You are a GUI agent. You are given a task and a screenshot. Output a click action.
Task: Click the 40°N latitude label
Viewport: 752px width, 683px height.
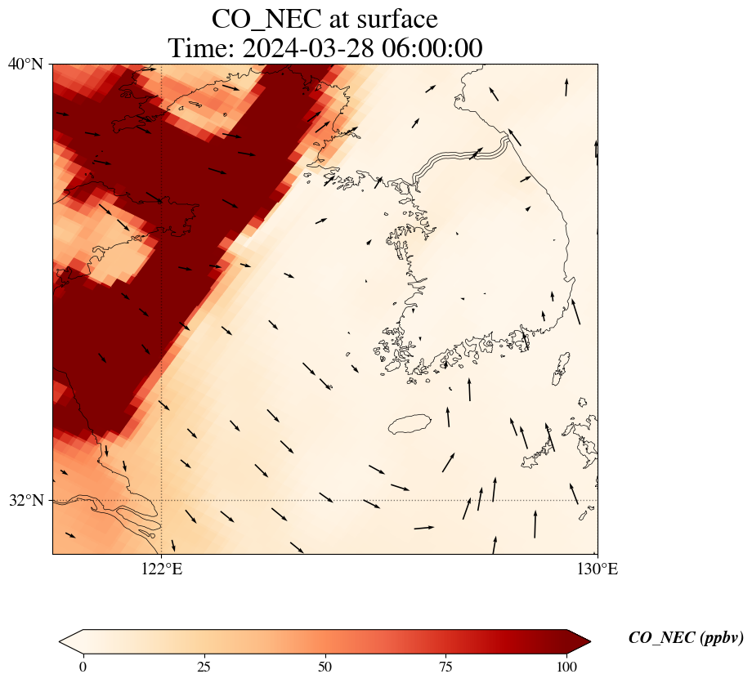(25, 64)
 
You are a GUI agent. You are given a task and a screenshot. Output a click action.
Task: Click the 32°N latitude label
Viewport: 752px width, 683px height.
(25, 500)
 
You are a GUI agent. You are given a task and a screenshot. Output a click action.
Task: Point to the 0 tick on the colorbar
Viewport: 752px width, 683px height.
(83, 666)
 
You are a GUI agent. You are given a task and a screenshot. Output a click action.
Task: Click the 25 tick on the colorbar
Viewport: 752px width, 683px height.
(204, 666)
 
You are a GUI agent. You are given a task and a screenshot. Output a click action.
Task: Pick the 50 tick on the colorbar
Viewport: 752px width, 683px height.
(325, 666)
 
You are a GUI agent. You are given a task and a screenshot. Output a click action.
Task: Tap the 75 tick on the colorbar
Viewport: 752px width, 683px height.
(446, 666)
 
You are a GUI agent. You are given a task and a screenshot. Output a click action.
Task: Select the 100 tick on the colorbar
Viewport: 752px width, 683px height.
(567, 666)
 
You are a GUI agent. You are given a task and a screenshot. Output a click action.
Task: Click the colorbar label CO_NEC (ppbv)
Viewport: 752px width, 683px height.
(686, 638)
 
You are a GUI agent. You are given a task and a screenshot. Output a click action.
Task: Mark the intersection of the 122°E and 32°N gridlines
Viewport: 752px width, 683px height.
(162, 500)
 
